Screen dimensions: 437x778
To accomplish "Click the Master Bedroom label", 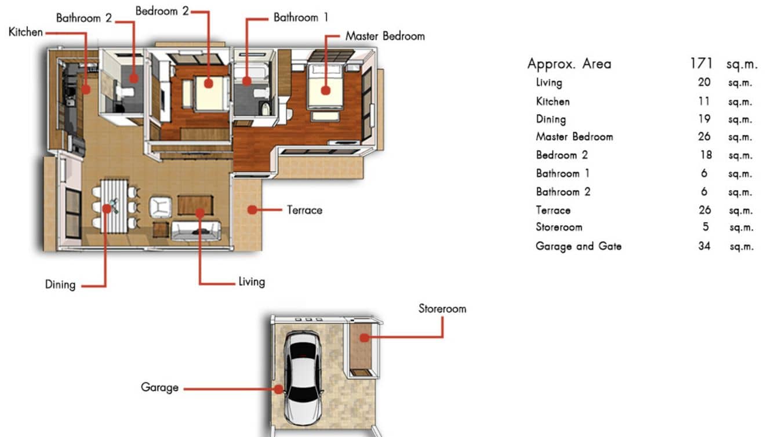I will coord(384,36).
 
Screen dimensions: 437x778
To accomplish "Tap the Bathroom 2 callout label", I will coord(83,18).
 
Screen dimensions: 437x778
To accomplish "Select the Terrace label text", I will coord(304,210).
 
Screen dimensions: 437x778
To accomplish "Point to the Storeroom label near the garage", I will coord(442,309).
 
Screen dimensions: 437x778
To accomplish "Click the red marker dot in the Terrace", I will coord(252,210).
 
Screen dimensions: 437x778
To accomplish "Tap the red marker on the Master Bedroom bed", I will coord(325,90).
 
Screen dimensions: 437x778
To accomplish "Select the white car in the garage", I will coord(304,377).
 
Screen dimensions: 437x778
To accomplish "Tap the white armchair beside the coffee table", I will coord(161,206).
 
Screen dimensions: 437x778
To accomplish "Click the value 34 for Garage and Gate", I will coord(704,246).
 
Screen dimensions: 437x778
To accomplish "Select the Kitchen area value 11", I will coord(704,101).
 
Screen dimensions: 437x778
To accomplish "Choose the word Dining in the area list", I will coord(551,119).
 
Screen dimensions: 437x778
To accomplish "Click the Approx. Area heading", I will coord(569,64).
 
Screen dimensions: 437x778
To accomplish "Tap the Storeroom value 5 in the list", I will coord(705,227).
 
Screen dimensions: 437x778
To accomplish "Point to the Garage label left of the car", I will coord(159,387).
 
